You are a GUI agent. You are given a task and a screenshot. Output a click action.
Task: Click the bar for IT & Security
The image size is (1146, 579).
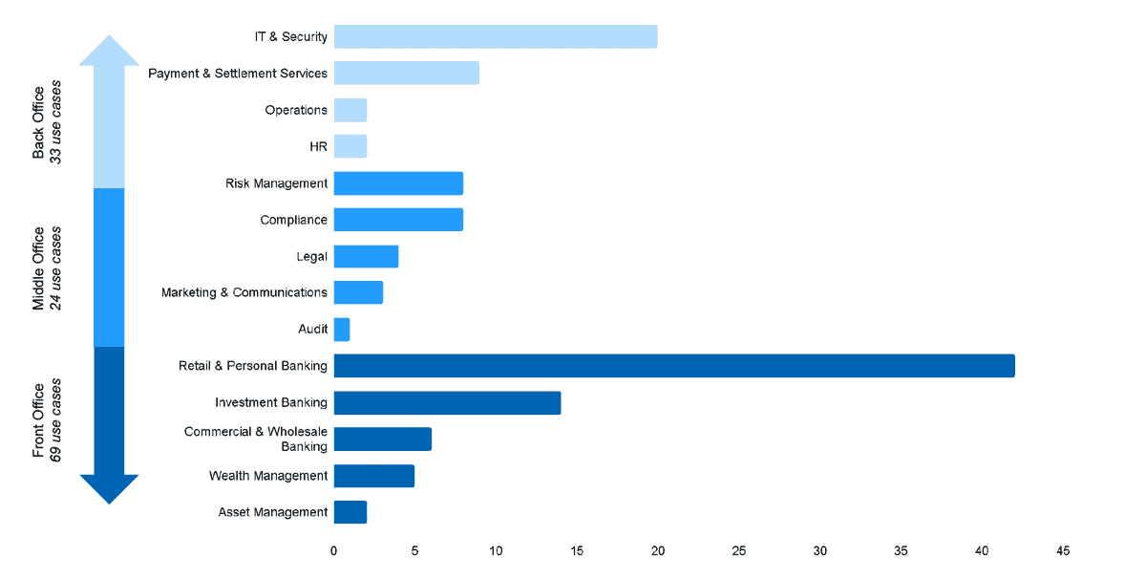(x=495, y=36)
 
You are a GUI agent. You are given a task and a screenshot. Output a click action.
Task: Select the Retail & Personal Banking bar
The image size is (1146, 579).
(x=673, y=366)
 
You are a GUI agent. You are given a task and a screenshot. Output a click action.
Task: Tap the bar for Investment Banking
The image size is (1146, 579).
(x=447, y=402)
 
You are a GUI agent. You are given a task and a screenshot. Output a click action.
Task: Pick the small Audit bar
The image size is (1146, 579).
(x=342, y=330)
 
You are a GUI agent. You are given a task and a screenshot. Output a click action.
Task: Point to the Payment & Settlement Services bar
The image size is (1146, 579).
(x=406, y=74)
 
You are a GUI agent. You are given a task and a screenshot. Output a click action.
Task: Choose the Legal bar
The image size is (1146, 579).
(x=366, y=256)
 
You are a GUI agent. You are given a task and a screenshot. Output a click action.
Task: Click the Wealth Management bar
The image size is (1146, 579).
(x=373, y=476)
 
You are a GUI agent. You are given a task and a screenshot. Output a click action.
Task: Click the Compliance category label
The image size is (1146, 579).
(x=293, y=220)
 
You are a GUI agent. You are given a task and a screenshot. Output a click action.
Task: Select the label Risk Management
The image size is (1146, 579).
(x=276, y=183)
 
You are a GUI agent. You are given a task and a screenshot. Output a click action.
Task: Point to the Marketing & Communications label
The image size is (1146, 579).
(x=244, y=292)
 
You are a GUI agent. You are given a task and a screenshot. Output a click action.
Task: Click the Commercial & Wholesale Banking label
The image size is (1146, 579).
(x=256, y=439)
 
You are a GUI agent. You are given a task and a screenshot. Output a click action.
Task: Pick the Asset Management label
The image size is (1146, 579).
(x=272, y=512)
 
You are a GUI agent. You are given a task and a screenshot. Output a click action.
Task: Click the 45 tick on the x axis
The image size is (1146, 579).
(x=1063, y=551)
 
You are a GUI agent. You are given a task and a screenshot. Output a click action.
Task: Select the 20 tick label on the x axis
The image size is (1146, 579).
(x=658, y=551)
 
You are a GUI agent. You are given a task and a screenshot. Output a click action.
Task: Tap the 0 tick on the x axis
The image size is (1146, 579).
(x=333, y=551)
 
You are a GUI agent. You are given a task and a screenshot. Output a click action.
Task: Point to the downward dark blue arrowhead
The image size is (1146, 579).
(x=110, y=488)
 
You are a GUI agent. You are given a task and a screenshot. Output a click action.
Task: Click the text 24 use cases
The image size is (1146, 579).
(x=56, y=268)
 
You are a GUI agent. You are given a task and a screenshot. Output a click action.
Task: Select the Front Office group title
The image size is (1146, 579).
(x=38, y=420)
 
